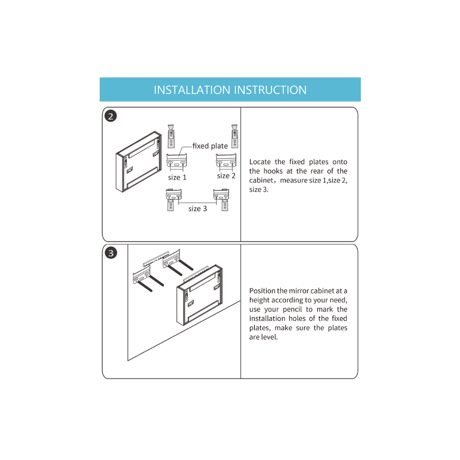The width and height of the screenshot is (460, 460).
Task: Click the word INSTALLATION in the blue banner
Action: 192,90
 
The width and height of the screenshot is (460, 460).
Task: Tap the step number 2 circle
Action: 110,116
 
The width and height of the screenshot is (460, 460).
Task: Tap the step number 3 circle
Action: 110,253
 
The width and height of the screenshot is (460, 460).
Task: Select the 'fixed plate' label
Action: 210,146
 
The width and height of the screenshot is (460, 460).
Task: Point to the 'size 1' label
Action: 177,177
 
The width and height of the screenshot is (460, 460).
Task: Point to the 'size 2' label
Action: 226,176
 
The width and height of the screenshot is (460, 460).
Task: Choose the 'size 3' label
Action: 197,208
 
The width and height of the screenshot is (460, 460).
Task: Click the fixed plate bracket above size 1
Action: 177,161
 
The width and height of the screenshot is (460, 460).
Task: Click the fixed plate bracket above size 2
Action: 226,161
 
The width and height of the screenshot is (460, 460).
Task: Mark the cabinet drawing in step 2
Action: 139,161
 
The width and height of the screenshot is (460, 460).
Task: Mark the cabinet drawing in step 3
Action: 200,295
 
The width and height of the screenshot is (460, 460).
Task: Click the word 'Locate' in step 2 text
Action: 260,162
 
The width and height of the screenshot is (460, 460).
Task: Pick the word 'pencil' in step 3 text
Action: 292,310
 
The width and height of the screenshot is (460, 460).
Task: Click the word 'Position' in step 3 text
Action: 262,291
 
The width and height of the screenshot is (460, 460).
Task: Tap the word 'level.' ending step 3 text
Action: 269,337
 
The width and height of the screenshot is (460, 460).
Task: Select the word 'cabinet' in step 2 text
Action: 261,180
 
